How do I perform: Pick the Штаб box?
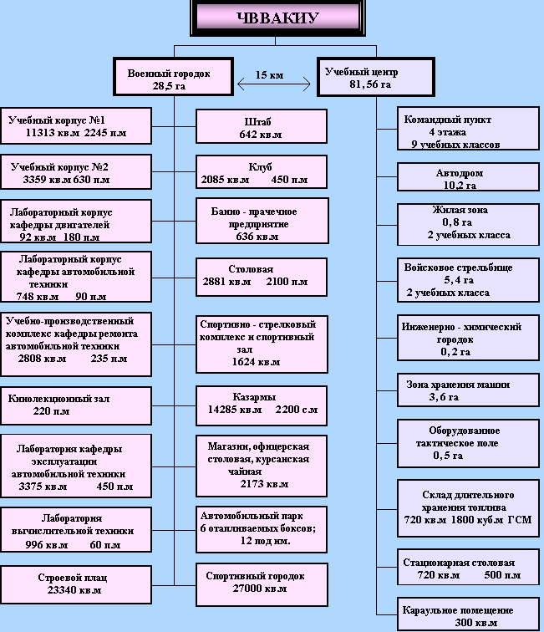pyautogui.click(x=261, y=127)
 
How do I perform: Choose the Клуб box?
pyautogui.click(x=261, y=172)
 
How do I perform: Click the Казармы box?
pyautogui.click(x=261, y=405)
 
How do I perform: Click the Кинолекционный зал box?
pyautogui.click(x=76, y=404)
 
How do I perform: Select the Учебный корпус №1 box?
pyautogui.click(x=76, y=126)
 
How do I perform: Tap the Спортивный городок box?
pyautogui.click(x=261, y=583)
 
